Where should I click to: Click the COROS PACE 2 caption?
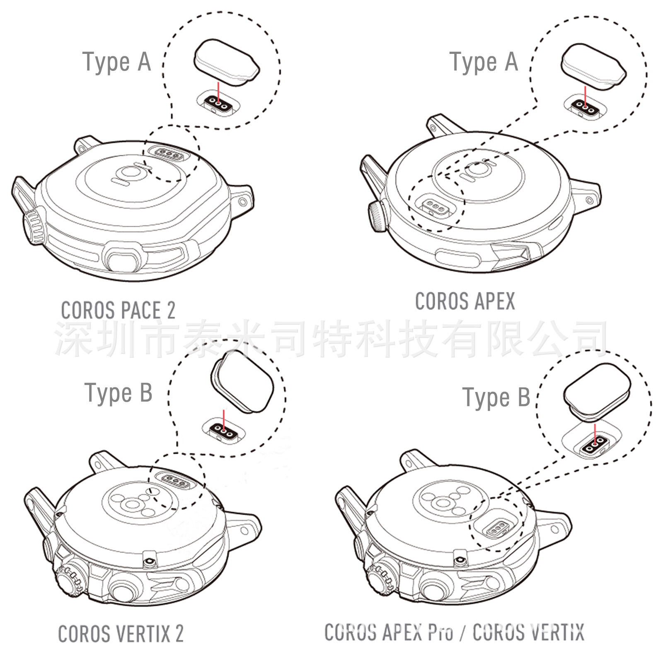[x=118, y=310]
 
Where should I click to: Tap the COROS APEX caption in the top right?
[x=465, y=301]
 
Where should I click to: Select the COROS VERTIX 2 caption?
[x=121, y=634]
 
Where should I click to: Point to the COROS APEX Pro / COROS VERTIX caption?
[x=454, y=632]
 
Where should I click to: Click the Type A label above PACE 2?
[x=116, y=62]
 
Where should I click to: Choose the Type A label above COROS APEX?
[x=484, y=62]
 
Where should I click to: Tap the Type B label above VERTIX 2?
[x=119, y=393]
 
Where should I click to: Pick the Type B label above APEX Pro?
[x=496, y=397]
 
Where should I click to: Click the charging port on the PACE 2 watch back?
[x=169, y=154]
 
